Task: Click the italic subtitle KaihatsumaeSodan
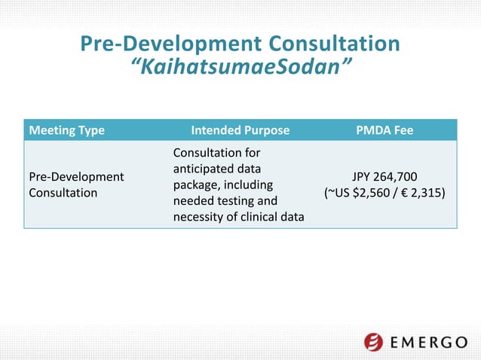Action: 240,69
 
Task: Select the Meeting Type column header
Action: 66,130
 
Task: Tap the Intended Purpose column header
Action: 240,130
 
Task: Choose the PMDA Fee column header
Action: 384,130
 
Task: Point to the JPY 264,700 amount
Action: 384,177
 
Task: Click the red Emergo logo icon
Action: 374,343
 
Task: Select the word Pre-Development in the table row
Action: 76,176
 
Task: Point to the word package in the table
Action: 196,185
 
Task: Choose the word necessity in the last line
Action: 199,218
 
